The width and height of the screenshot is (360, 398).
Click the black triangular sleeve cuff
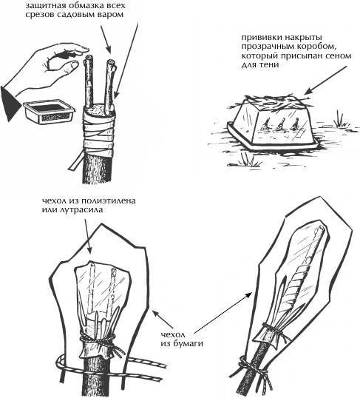click(10, 104)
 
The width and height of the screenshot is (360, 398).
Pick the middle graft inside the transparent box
click(281, 124)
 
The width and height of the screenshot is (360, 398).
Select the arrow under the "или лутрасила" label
click(87, 237)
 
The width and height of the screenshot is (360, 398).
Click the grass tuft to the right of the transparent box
click(341, 119)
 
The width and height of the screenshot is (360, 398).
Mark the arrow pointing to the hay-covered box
click(326, 80)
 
